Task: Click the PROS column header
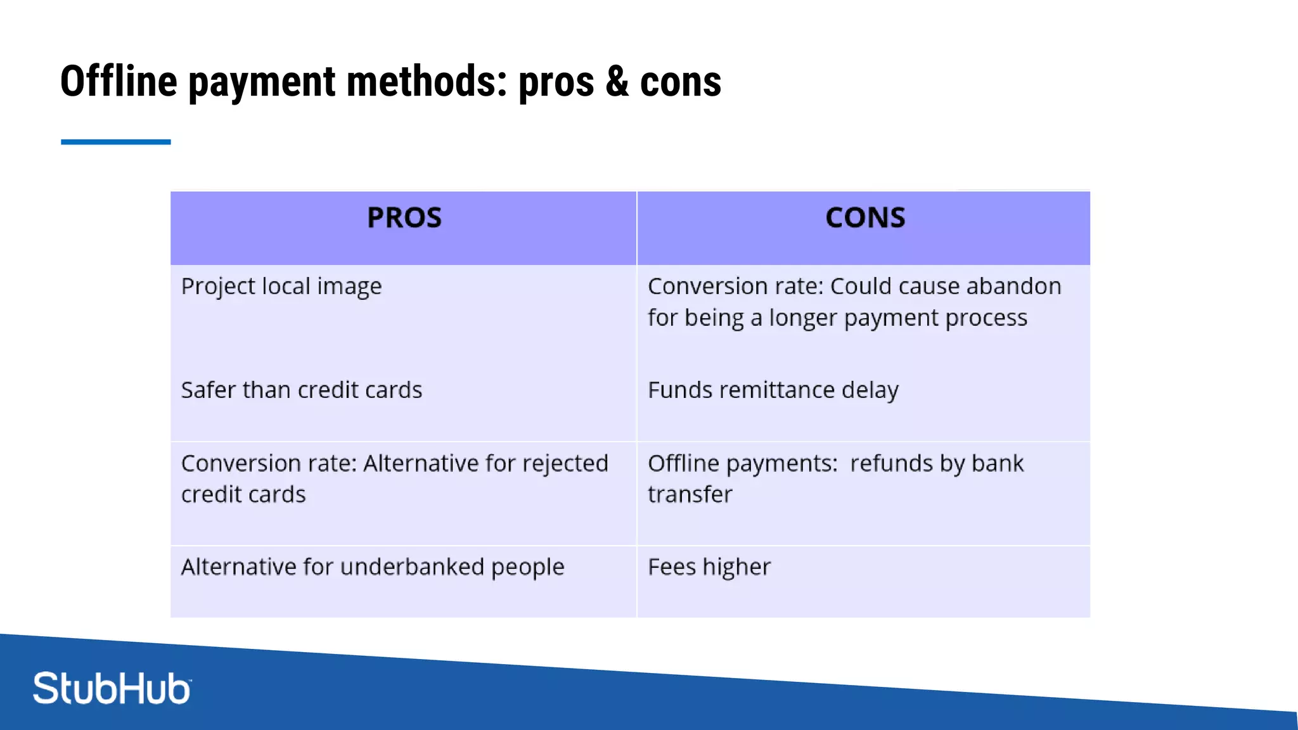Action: point(404,218)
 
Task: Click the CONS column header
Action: point(865,218)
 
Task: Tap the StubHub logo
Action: point(112,688)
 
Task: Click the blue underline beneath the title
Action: point(116,142)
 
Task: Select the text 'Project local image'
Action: point(281,286)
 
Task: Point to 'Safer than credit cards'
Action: point(301,390)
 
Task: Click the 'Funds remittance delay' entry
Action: point(773,390)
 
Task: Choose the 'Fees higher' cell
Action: point(709,567)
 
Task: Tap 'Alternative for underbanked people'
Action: point(372,567)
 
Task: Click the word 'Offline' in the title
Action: point(119,82)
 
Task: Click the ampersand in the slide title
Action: point(617,82)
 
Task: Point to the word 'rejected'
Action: point(565,464)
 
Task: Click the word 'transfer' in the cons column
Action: point(690,495)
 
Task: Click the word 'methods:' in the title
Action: point(427,82)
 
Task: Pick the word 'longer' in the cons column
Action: point(803,318)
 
